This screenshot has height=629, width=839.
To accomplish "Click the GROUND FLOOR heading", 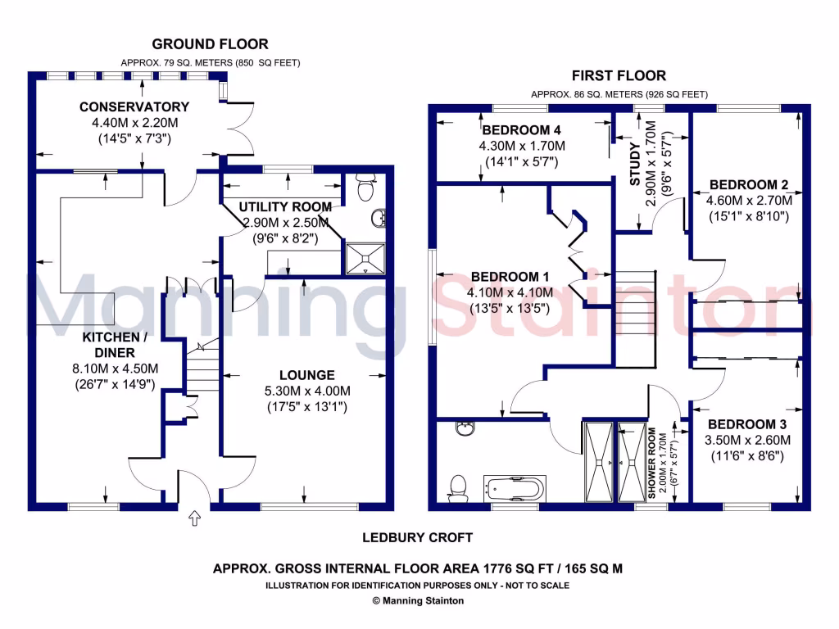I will tap(210, 44).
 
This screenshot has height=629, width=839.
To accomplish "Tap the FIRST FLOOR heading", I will tap(619, 75).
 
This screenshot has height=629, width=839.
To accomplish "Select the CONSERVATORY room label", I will tap(134, 106).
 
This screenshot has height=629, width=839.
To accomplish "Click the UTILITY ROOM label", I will tap(285, 206).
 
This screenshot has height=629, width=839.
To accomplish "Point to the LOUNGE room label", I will tap(306, 375).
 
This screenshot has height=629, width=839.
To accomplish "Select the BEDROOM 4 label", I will tap(522, 130).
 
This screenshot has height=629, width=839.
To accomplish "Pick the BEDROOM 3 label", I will tap(747, 424).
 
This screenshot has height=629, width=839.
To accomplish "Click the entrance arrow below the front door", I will tap(194, 518).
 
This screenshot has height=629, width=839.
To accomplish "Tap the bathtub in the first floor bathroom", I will tap(514, 489).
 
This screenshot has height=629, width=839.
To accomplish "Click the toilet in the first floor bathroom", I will tap(459, 486).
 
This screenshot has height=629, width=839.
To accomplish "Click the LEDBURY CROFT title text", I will tap(418, 538).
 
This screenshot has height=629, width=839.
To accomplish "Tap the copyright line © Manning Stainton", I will tap(418, 600).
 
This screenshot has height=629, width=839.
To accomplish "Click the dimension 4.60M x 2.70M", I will tap(749, 200).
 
